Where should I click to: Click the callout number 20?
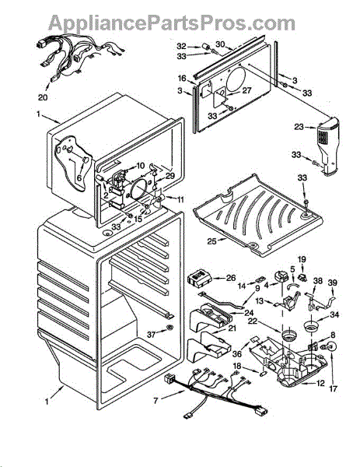pos(43,97)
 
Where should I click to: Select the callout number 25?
pos(211,241)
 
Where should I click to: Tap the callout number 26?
pos(231,278)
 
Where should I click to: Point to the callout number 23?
pos(299,127)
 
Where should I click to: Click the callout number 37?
pos(151,335)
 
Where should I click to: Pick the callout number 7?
pos(156,401)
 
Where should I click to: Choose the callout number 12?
pos(320,383)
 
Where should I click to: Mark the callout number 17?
pos(334,388)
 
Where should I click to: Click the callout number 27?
pos(246,90)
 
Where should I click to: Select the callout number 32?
pos(181,46)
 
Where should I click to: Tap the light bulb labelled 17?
pos(332,346)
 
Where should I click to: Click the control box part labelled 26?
pos(199,280)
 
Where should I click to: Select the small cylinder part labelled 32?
pos(205,47)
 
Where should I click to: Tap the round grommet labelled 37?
pos(170,328)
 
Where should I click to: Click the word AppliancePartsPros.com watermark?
pos(171,23)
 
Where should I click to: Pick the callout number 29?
pos(170,176)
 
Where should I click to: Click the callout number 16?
pos(182,79)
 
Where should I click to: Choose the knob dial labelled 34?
pos(311,325)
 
